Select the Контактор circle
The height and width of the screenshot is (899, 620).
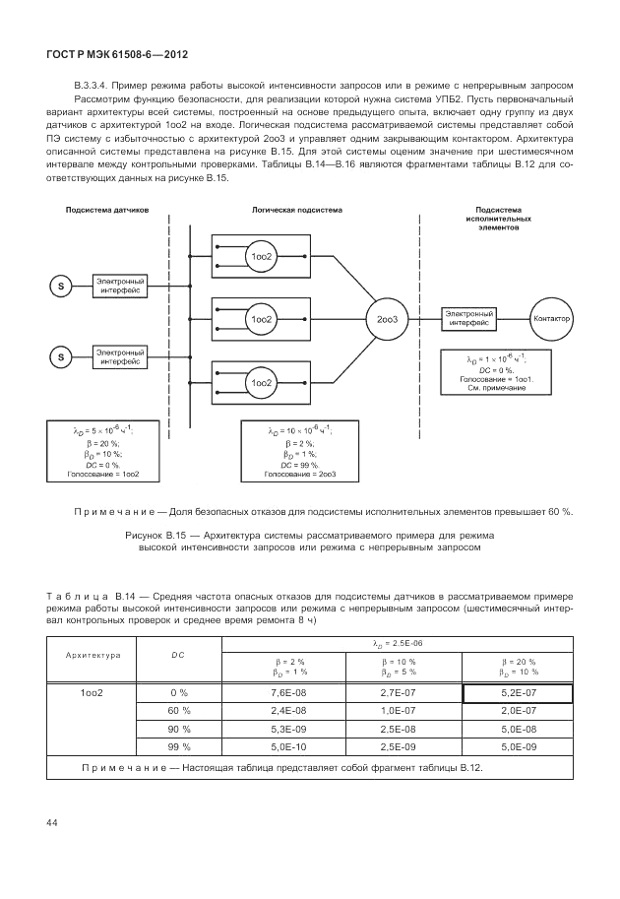[550, 318]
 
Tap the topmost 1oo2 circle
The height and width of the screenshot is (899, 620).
[261, 257]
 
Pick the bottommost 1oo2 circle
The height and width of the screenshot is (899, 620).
[261, 382]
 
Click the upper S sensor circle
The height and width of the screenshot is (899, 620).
[60, 287]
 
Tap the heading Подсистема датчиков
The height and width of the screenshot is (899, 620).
[107, 211]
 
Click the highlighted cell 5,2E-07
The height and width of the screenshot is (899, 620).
[518, 694]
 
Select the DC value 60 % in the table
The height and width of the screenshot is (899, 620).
[178, 711]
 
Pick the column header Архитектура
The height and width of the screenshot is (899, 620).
[93, 655]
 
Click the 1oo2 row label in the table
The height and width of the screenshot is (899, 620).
[93, 694]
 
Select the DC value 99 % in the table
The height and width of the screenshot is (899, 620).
[178, 746]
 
